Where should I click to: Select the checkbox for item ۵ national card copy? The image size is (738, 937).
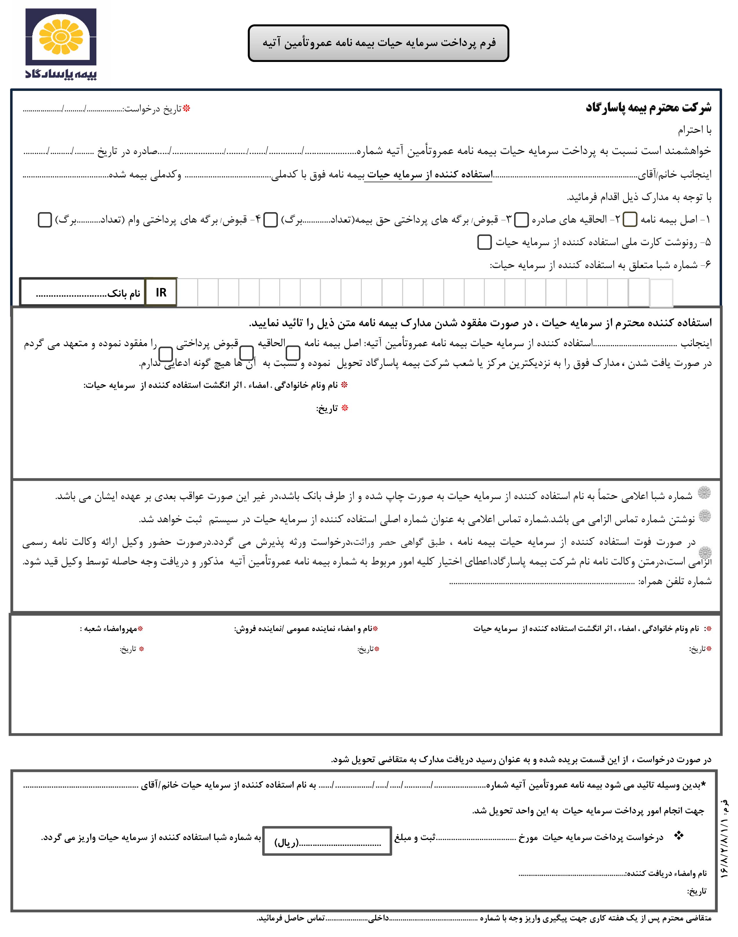484,242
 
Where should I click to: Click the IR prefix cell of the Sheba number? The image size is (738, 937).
161,293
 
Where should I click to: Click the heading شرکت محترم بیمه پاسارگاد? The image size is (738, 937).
648,107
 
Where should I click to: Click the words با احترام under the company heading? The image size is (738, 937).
694,130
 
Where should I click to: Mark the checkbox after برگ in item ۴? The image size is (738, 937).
45,219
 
